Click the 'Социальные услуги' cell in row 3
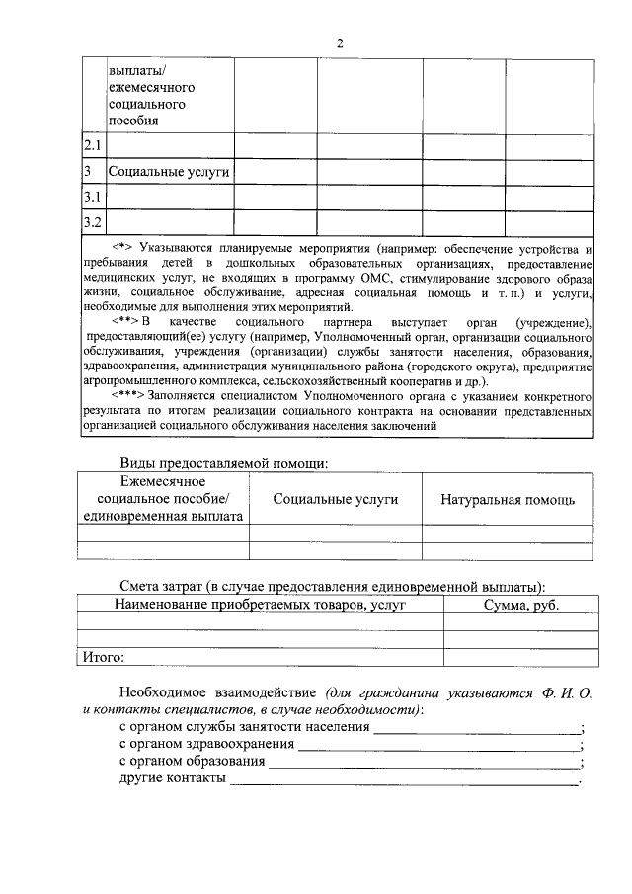pos(169,172)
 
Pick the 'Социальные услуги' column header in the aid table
pos(336,499)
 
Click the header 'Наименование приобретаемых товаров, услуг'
pos(260,605)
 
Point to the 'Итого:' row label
pos(104,655)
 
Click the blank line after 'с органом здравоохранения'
pos(438,747)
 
